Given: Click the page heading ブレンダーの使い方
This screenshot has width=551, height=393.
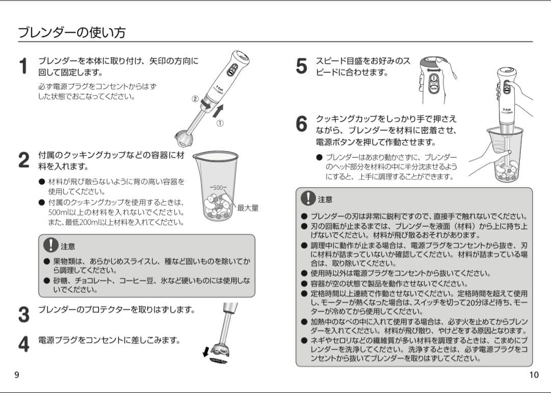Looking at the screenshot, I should point(72,33).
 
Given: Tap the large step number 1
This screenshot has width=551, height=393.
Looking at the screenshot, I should point(23,67).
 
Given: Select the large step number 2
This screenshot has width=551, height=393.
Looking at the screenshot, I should point(23,160).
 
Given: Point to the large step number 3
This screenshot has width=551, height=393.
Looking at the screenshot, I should point(23,314).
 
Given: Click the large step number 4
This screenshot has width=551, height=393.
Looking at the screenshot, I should point(23,344).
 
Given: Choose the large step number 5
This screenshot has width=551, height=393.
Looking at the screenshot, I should point(302,66).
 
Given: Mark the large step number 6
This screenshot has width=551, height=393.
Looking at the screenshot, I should point(302,124).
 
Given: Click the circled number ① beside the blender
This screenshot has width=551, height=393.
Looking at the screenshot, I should point(220,123).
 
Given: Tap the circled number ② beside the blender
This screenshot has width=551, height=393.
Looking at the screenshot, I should point(195,99).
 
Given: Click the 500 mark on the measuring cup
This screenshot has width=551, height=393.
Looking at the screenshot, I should point(218,188).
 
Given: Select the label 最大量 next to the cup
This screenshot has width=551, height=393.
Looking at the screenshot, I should point(248,208).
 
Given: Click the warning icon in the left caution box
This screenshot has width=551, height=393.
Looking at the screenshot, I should point(51,245).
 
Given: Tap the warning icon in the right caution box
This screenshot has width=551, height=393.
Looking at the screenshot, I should point(308,198).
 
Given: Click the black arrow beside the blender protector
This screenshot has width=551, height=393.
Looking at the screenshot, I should point(206,352).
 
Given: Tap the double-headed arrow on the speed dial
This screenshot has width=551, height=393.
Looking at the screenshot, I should point(434,70).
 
